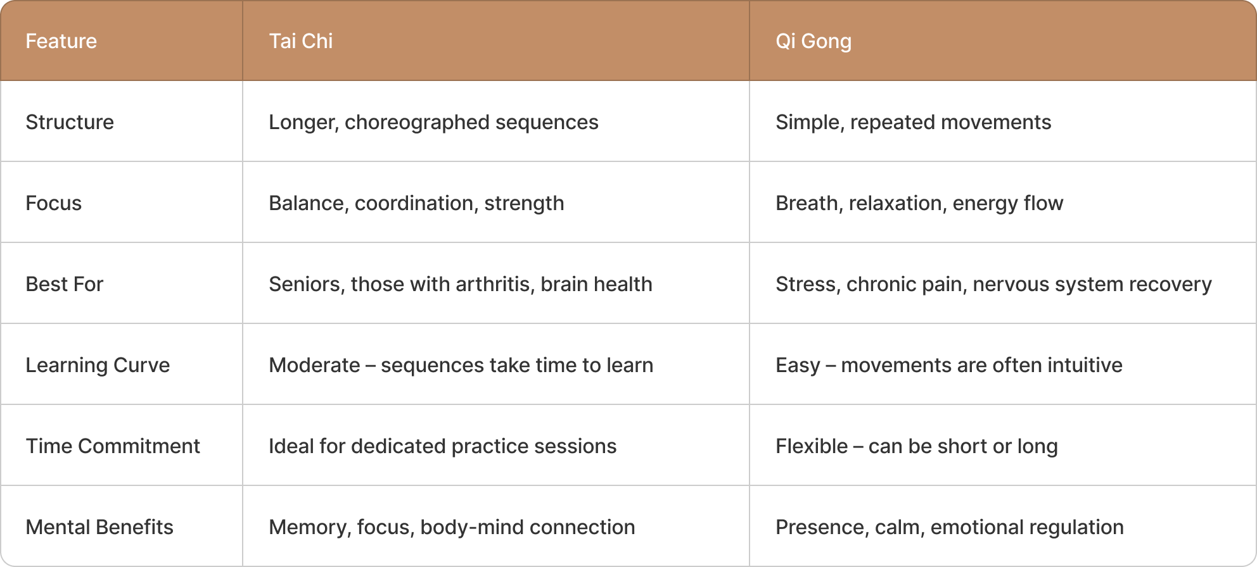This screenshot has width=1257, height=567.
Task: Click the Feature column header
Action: [x=61, y=41]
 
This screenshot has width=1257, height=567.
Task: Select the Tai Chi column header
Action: [x=300, y=41]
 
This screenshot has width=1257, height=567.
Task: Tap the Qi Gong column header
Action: [x=813, y=41]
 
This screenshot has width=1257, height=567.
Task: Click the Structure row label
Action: [x=70, y=122]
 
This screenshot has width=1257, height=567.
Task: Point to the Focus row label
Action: [x=54, y=203]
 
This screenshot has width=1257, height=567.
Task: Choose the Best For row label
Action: [x=64, y=284]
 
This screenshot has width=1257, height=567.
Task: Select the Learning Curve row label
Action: [x=98, y=365]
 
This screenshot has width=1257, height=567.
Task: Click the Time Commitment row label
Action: [x=113, y=446]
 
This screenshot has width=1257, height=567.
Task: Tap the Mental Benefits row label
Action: [x=99, y=527]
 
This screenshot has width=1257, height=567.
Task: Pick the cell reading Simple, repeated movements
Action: [x=913, y=122]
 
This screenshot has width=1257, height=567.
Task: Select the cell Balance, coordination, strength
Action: [x=416, y=203]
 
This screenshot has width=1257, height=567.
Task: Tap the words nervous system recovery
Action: [x=1092, y=284]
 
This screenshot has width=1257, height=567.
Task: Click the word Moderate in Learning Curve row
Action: [x=314, y=365]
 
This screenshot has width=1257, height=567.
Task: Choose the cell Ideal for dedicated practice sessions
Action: [x=442, y=446]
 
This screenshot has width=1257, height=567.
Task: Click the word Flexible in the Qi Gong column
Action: [x=812, y=446]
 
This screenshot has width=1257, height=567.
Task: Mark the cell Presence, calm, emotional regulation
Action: [x=949, y=527]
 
